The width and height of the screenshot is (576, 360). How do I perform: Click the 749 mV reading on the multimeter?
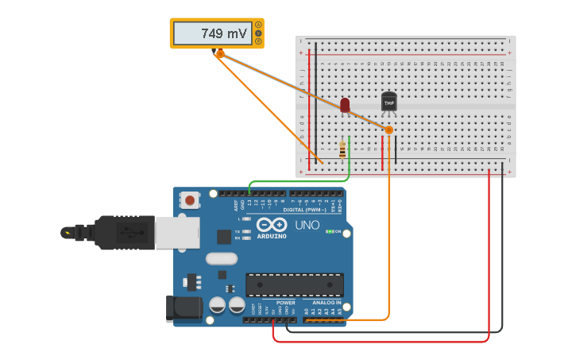[223, 33]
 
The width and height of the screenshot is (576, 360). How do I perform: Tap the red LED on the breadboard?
[345, 105]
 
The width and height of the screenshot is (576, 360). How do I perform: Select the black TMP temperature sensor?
[389, 102]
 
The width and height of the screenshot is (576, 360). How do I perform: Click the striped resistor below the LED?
[342, 149]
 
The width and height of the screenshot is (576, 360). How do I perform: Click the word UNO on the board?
[307, 225]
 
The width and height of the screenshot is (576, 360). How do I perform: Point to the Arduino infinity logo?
[271, 225]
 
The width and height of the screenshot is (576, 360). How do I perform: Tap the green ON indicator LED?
[331, 231]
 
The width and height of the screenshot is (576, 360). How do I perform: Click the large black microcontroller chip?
[295, 285]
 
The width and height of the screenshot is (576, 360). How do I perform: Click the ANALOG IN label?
[327, 303]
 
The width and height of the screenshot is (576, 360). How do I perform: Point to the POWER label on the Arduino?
[285, 303]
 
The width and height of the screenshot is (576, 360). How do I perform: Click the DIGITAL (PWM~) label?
[304, 210]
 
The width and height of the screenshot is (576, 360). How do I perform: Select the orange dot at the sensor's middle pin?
[389, 130]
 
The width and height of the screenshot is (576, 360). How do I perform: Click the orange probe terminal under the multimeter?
[220, 54]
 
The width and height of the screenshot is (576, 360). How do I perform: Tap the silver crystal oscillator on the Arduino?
[221, 258]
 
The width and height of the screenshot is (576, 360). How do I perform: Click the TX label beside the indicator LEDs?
[238, 230]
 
